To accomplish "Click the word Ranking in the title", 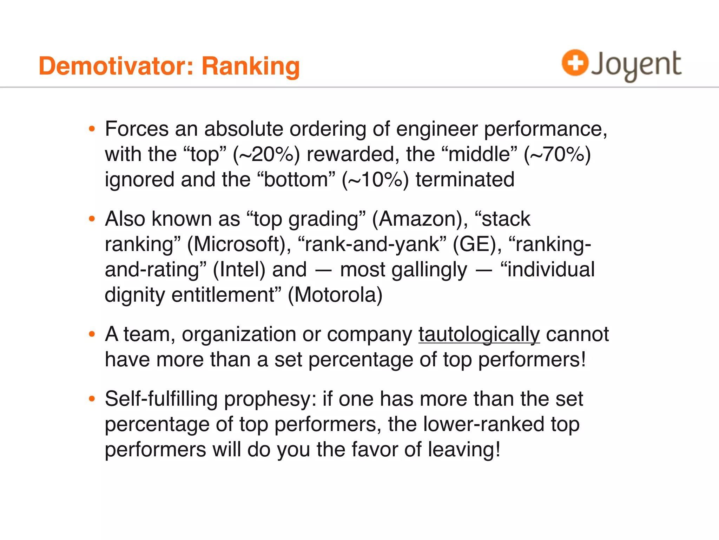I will pos(251,66).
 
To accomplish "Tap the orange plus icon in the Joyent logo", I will pos(575,63).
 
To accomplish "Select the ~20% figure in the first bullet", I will pos(267,154).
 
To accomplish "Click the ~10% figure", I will pos(376,180).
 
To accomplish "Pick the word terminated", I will pos(465,180).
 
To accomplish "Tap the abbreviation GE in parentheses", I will pos(474,244).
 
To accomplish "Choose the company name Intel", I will pos(239,270).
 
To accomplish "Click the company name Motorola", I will pos(335,295).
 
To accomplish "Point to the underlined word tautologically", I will pos(479,334).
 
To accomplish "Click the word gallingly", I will pos(404,270).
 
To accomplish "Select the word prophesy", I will pos(270,399).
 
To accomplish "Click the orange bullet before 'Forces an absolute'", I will pos(92,129).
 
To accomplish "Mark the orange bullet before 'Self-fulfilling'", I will pos(92,399).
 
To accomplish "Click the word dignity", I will pos(135,295).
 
